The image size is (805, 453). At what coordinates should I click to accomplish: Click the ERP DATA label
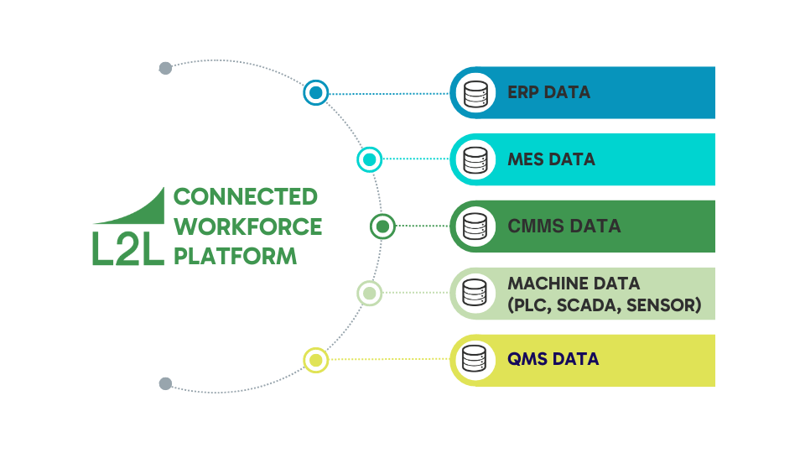pyautogui.click(x=548, y=92)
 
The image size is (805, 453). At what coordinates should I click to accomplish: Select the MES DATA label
pyautogui.click(x=551, y=159)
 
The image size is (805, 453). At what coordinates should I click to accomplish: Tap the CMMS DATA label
pyautogui.click(x=563, y=226)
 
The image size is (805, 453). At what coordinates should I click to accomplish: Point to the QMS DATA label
pyautogui.click(x=553, y=360)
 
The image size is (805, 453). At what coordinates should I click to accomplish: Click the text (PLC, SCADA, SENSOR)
pyautogui.click(x=604, y=305)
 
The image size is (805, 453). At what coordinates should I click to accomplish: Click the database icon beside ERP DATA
pyautogui.click(x=475, y=92)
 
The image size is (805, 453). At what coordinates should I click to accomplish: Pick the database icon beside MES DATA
pyautogui.click(x=475, y=159)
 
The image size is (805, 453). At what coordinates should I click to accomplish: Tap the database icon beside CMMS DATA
pyautogui.click(x=475, y=226)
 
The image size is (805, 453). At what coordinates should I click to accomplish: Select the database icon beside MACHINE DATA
pyautogui.click(x=475, y=294)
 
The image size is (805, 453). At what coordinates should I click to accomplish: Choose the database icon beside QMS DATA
pyautogui.click(x=475, y=360)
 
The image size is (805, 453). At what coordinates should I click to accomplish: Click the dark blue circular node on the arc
pyautogui.click(x=316, y=93)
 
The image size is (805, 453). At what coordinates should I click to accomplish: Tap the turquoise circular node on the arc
pyautogui.click(x=369, y=159)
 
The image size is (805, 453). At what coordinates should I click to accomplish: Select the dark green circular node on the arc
pyautogui.click(x=382, y=226)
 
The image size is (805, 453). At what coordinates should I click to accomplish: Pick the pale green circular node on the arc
pyautogui.click(x=369, y=294)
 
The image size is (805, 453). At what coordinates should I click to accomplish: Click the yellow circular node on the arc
pyautogui.click(x=316, y=361)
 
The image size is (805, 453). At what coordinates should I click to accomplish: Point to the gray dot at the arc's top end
pyautogui.click(x=165, y=69)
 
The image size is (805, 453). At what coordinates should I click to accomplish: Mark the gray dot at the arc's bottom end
pyautogui.click(x=165, y=383)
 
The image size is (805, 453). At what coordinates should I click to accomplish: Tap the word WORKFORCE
pyautogui.click(x=247, y=226)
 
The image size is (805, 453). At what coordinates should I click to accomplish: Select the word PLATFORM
pyautogui.click(x=235, y=256)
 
